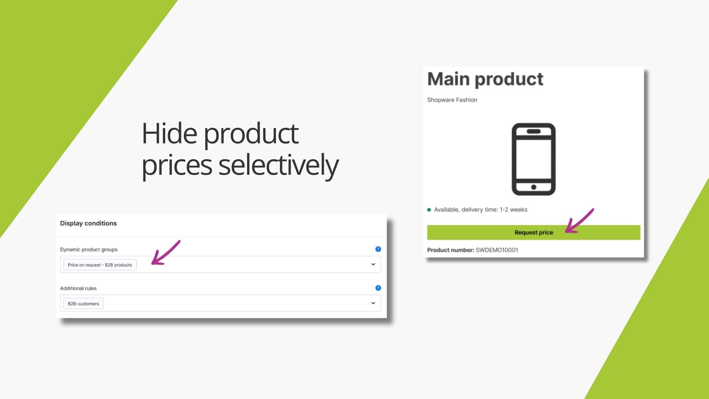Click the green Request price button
tap(534, 232)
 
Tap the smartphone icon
tap(534, 159)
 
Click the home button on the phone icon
tap(534, 187)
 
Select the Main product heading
tap(485, 79)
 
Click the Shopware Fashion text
tap(452, 100)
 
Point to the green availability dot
tap(429, 210)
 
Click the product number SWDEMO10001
tap(497, 250)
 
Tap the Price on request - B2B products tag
tap(100, 265)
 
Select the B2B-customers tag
tap(83, 304)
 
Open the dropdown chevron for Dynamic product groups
tap(373, 265)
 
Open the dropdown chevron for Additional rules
tap(373, 303)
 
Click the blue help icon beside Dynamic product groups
tap(378, 249)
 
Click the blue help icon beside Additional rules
tap(378, 288)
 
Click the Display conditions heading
tap(88, 224)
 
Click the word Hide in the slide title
tap(169, 133)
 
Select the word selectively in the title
tap(278, 166)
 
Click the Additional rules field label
tap(78, 289)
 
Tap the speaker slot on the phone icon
tap(534, 132)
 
